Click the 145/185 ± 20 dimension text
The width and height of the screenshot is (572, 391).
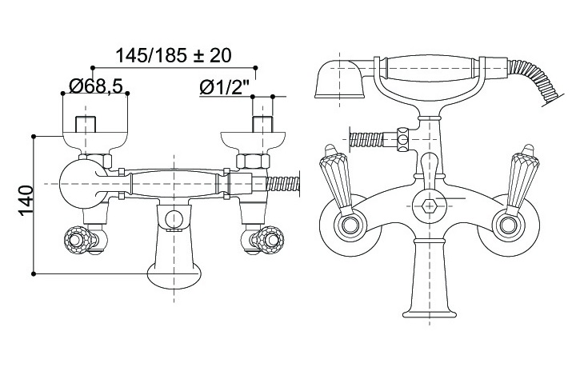(174, 55)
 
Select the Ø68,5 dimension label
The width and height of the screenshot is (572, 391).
(95, 86)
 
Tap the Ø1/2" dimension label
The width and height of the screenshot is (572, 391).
(224, 87)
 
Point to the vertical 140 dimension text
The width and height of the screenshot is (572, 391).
(26, 201)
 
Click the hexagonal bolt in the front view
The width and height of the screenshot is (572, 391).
(430, 206)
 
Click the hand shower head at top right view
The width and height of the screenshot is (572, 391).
(340, 79)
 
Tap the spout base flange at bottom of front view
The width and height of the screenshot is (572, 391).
(430, 313)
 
